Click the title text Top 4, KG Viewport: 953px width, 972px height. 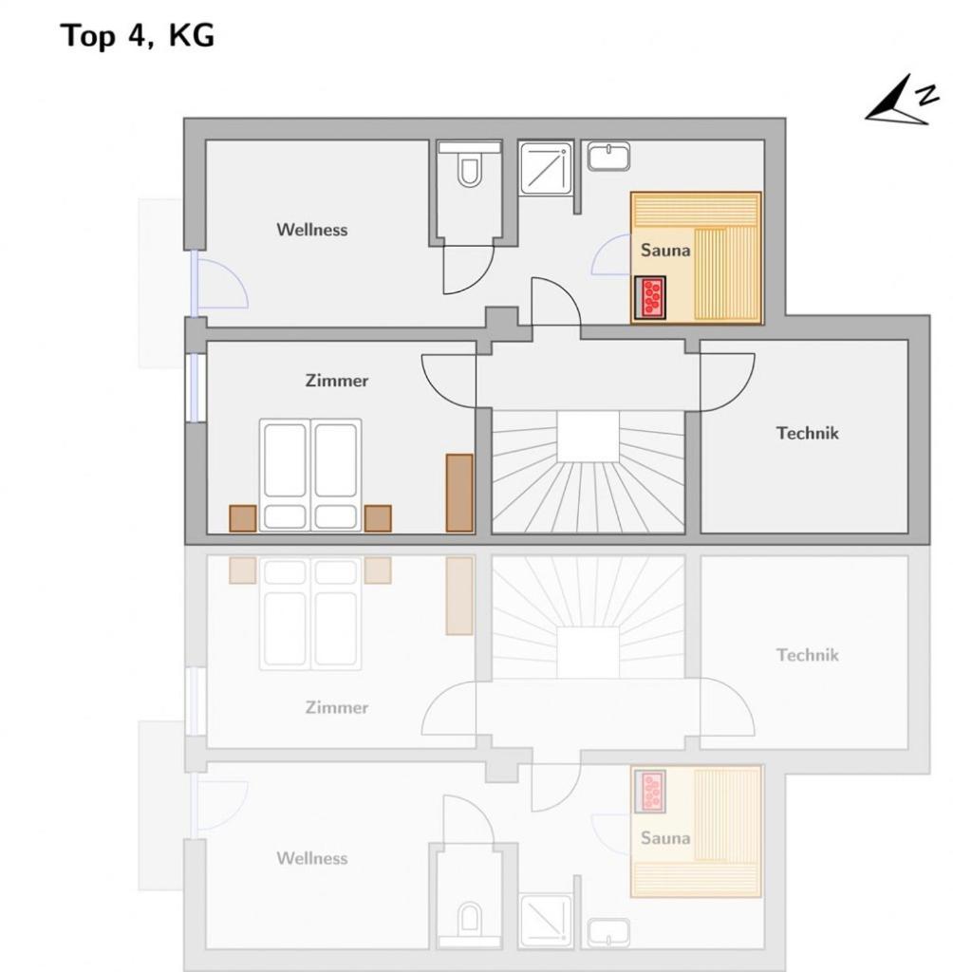[x=137, y=36]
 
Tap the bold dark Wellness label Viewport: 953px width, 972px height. [x=312, y=230]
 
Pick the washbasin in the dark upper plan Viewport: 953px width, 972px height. [x=608, y=157]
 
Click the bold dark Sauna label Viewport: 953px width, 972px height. [x=665, y=251]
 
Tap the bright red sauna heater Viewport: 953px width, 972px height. [x=650, y=297]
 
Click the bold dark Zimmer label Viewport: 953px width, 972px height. [x=337, y=380]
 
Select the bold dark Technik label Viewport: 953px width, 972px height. [x=807, y=433]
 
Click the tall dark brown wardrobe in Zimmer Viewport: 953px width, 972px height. [x=459, y=493]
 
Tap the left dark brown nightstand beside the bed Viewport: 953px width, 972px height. [x=243, y=518]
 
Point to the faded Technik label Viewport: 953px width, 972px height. [x=807, y=655]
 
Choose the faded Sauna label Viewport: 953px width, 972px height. [x=665, y=838]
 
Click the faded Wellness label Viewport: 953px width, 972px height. [x=312, y=858]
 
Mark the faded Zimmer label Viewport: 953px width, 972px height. [x=337, y=707]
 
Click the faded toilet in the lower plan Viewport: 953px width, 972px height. [x=469, y=919]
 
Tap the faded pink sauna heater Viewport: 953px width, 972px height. [x=650, y=791]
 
